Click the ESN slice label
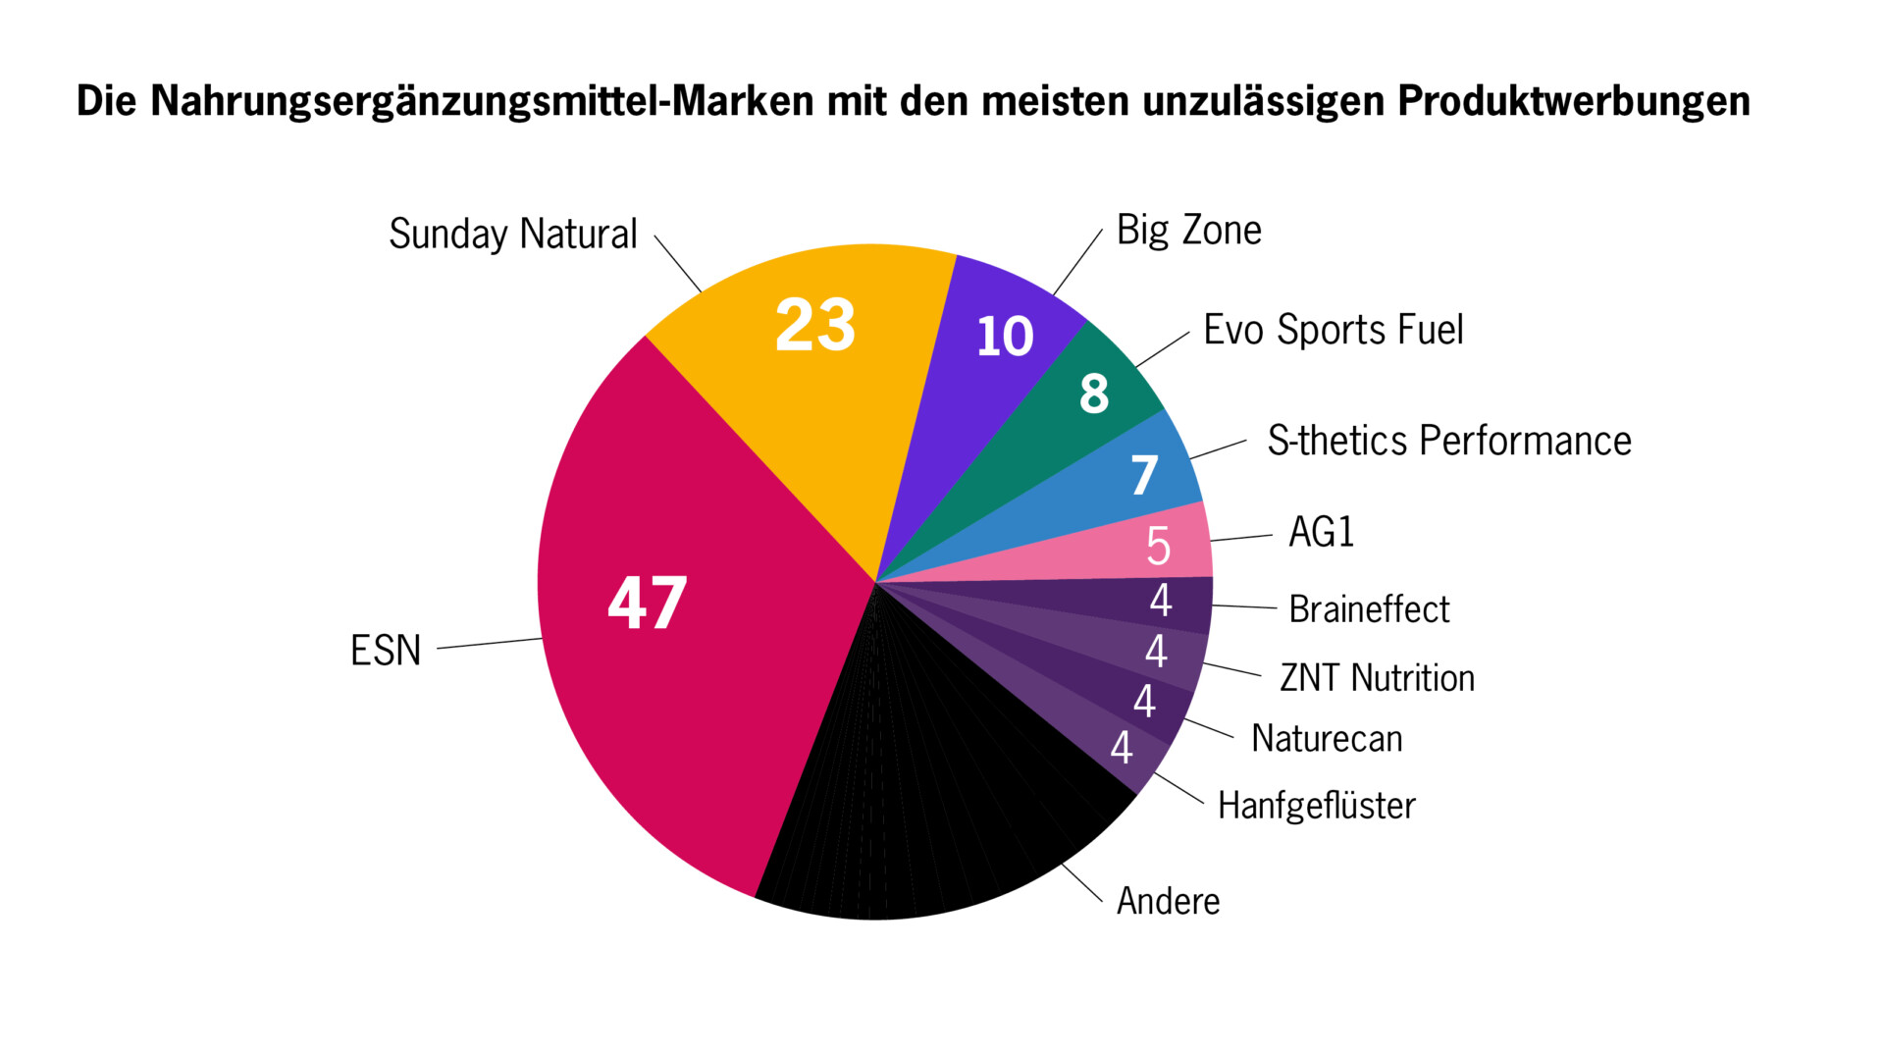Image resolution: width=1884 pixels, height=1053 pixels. (386, 651)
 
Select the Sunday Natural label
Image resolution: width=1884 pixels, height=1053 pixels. (513, 235)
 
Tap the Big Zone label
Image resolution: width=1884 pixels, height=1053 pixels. (1188, 231)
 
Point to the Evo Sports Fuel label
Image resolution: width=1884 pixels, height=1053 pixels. (1333, 331)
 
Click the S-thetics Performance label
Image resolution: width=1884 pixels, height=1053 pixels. (1448, 442)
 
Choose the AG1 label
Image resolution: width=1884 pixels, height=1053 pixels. (1321, 533)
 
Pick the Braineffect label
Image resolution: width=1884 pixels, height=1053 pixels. (1369, 609)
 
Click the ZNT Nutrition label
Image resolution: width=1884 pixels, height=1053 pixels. (1377, 678)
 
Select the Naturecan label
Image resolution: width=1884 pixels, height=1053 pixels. (1327, 739)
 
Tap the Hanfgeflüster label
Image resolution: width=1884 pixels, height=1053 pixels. (1316, 806)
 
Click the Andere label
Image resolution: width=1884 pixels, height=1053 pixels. (1168, 901)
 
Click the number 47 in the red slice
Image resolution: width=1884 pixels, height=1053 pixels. (648, 603)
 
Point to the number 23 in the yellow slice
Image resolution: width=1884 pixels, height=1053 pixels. (814, 325)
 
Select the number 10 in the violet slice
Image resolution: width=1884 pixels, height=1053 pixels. (1005, 337)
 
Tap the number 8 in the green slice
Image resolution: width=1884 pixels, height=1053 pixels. (1094, 395)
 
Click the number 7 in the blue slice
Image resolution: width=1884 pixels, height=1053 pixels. (1144, 476)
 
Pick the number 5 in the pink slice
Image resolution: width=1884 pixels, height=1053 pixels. (1159, 547)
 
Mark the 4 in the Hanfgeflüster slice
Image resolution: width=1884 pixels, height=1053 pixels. (1122, 749)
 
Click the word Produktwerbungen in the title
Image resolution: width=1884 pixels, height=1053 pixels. (1573, 101)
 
